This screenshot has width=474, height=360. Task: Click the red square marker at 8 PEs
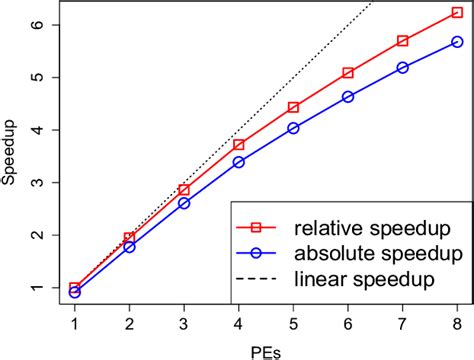coord(457,12)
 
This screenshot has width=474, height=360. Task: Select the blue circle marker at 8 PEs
coord(457,42)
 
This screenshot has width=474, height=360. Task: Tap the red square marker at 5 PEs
coord(293,107)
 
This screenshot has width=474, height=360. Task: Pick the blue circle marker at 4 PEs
coord(238,161)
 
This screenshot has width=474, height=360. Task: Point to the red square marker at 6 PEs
coord(348,73)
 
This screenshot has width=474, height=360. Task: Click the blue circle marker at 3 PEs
coord(184,202)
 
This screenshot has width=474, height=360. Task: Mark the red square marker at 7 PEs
coord(402,41)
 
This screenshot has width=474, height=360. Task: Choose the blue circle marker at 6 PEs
coord(348,97)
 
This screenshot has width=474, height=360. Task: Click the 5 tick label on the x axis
coord(293,322)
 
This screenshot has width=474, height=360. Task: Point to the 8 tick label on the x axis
coord(457,322)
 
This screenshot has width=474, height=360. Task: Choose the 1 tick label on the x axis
coord(75,322)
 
